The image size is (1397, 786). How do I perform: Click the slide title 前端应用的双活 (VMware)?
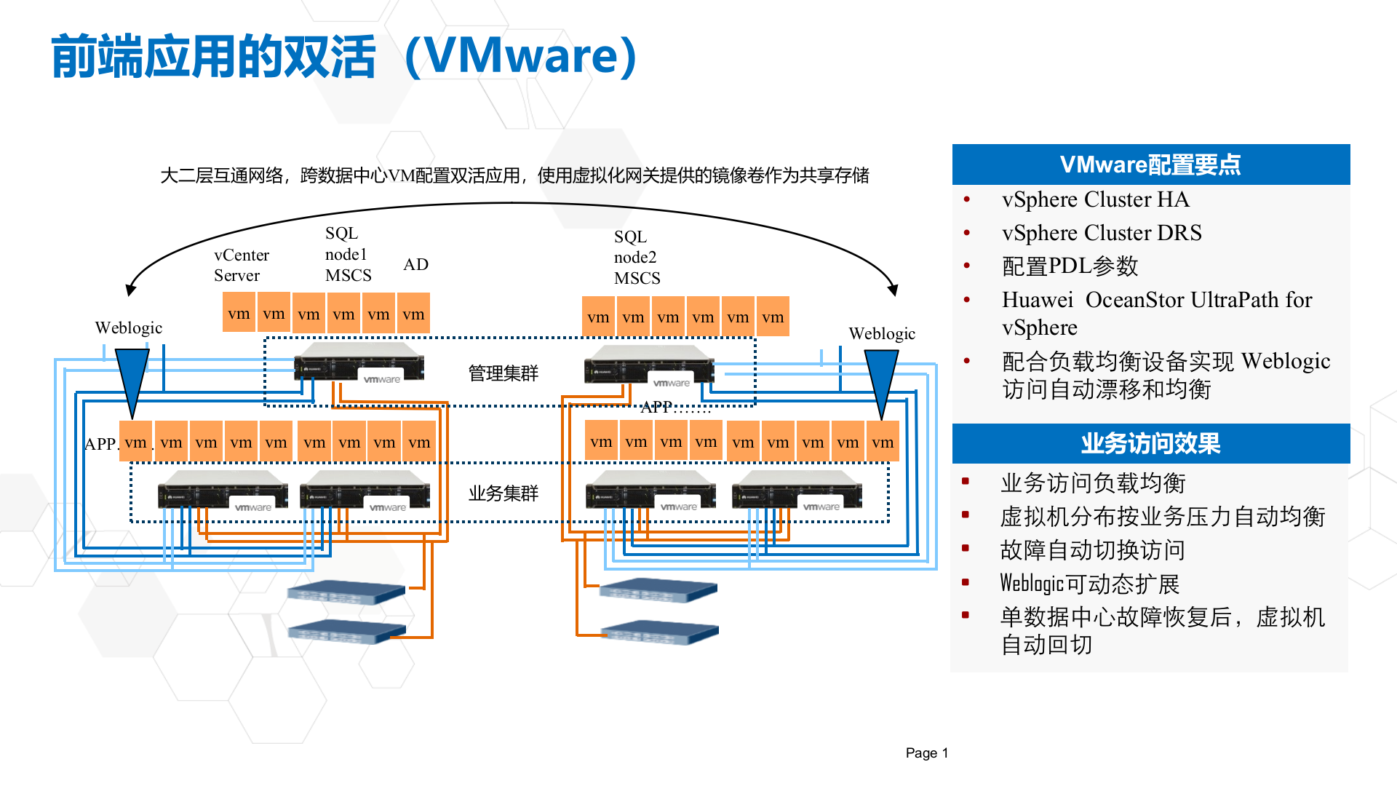(344, 57)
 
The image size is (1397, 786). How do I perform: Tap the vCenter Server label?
(241, 266)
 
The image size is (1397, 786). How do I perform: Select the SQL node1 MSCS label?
(347, 254)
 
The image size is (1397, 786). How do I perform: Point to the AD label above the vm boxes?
(415, 264)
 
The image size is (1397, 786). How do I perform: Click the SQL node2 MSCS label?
(636, 258)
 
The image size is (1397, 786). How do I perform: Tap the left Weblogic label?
(129, 327)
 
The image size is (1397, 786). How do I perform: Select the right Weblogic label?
(881, 333)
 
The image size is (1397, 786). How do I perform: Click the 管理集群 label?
(503, 373)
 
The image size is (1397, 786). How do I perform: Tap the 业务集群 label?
(503, 493)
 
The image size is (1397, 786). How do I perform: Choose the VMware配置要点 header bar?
(1150, 164)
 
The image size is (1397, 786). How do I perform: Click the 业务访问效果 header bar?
(1150, 443)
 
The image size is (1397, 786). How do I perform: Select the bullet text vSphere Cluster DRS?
(1101, 233)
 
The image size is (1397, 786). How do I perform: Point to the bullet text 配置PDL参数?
(1070, 266)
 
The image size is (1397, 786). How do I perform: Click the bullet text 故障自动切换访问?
(1092, 550)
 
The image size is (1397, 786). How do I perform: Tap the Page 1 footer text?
(926, 753)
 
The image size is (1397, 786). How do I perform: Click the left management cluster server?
(359, 363)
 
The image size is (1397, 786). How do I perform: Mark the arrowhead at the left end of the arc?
(131, 290)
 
